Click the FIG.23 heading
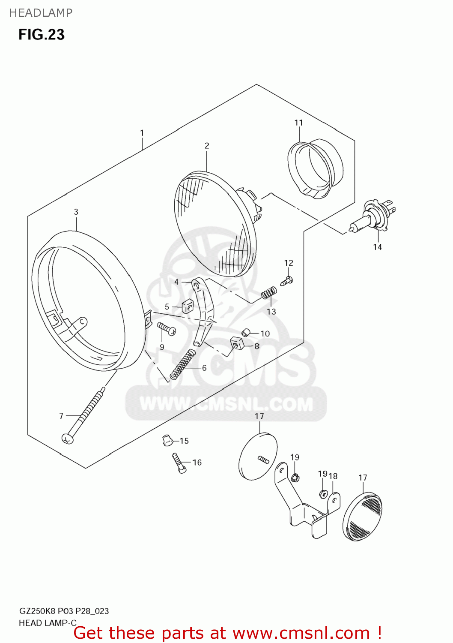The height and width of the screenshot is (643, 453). [x=42, y=35]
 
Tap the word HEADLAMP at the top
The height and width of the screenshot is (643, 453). [x=41, y=13]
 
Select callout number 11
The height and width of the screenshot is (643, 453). [x=298, y=123]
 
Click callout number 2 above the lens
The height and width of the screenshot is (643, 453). [x=207, y=146]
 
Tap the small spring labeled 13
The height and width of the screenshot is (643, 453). [x=269, y=294]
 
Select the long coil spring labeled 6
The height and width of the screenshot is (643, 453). [x=183, y=364]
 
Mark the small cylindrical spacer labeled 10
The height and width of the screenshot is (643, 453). [x=246, y=333]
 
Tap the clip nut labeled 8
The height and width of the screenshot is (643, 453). [x=237, y=343]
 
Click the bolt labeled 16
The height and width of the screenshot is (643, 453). [x=179, y=463]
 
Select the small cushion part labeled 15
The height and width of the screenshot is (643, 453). [x=167, y=439]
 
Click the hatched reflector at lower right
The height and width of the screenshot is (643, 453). [x=362, y=516]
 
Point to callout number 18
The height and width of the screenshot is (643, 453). [x=333, y=476]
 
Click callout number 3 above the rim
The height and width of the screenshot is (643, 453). [x=76, y=212]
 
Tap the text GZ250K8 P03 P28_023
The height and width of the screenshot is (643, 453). [x=64, y=611]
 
